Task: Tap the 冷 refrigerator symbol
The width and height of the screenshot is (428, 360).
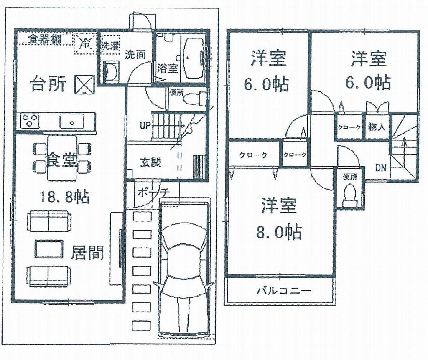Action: [85, 43]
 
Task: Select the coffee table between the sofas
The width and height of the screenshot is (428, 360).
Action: [49, 248]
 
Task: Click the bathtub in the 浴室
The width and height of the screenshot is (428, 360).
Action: [194, 58]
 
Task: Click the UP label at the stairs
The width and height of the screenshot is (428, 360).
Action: [145, 125]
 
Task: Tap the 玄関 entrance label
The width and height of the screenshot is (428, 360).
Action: [150, 162]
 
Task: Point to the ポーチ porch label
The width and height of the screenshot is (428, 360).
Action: [153, 193]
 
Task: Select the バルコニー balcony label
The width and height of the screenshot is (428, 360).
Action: [284, 291]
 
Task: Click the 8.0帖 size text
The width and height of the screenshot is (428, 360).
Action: [279, 232]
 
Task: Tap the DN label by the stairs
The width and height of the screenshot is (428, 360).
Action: [381, 168]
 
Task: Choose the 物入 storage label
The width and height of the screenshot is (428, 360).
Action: [377, 127]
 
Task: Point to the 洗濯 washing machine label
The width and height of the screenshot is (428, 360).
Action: [110, 46]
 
